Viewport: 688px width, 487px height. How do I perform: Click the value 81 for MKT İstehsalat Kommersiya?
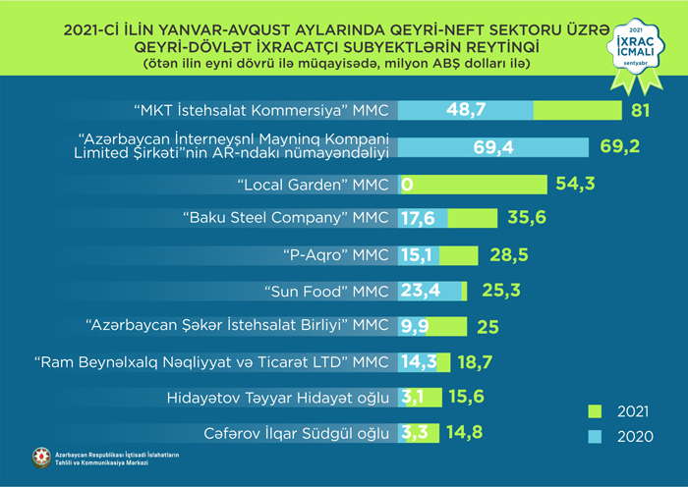642,110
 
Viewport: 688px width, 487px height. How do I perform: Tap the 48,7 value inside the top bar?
467,110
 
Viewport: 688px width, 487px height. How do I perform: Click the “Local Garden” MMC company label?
315,184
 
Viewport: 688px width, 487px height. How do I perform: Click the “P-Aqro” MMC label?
337,255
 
